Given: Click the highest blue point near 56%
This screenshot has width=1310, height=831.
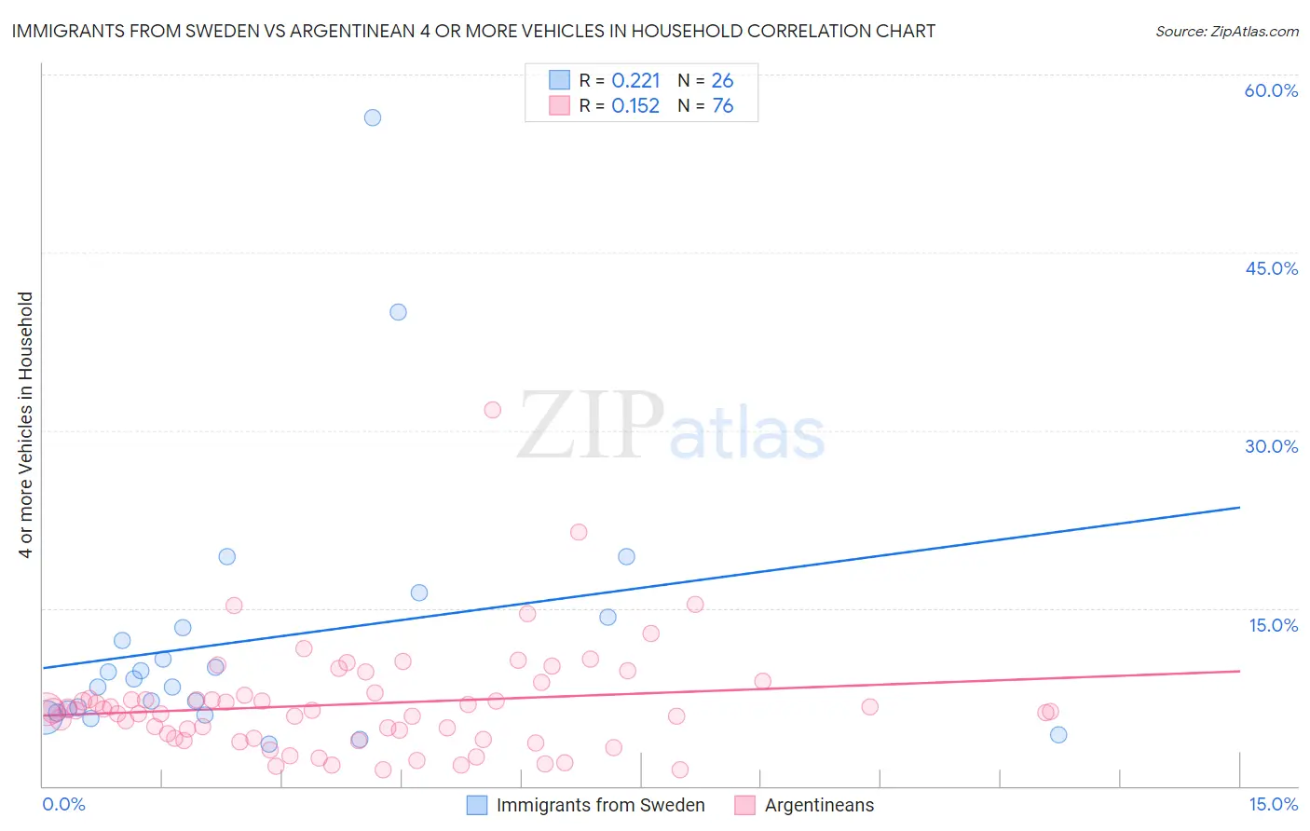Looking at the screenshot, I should pyautogui.click(x=373, y=117).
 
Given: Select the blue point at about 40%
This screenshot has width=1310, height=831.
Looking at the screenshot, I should pyautogui.click(x=398, y=312).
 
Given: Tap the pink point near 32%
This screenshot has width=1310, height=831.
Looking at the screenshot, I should pyautogui.click(x=493, y=410).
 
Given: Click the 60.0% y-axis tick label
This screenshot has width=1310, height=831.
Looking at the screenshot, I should pyautogui.click(x=1271, y=90).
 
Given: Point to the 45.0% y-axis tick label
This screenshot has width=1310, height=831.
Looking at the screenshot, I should pyautogui.click(x=1271, y=268).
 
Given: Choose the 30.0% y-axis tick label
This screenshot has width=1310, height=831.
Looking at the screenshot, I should pyautogui.click(x=1271, y=446).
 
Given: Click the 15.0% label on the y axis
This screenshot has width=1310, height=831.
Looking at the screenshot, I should pyautogui.click(x=1273, y=625).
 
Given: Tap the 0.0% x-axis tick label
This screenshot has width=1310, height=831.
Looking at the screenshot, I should pyautogui.click(x=63, y=804).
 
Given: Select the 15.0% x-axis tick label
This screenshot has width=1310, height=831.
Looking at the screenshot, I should pyautogui.click(x=1273, y=804).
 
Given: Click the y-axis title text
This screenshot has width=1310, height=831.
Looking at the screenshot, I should pyautogui.click(x=26, y=425).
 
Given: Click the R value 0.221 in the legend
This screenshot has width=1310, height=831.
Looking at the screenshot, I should pyautogui.click(x=635, y=81).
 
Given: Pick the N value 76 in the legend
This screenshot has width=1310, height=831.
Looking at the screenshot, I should pyautogui.click(x=723, y=106).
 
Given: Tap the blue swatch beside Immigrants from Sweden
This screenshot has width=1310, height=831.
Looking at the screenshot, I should pyautogui.click(x=477, y=805).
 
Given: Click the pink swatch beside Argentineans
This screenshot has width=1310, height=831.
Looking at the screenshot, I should pyautogui.click(x=744, y=805).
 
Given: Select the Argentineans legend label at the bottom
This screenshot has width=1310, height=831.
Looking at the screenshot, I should pyautogui.click(x=819, y=805).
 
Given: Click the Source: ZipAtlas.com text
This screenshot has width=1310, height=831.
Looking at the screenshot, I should pyautogui.click(x=1226, y=32).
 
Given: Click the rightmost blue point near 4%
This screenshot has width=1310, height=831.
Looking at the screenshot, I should pyautogui.click(x=1058, y=735).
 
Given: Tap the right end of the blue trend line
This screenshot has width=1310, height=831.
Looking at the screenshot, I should pyautogui.click(x=1239, y=508).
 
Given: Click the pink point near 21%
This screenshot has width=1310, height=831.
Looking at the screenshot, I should pyautogui.click(x=579, y=532).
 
